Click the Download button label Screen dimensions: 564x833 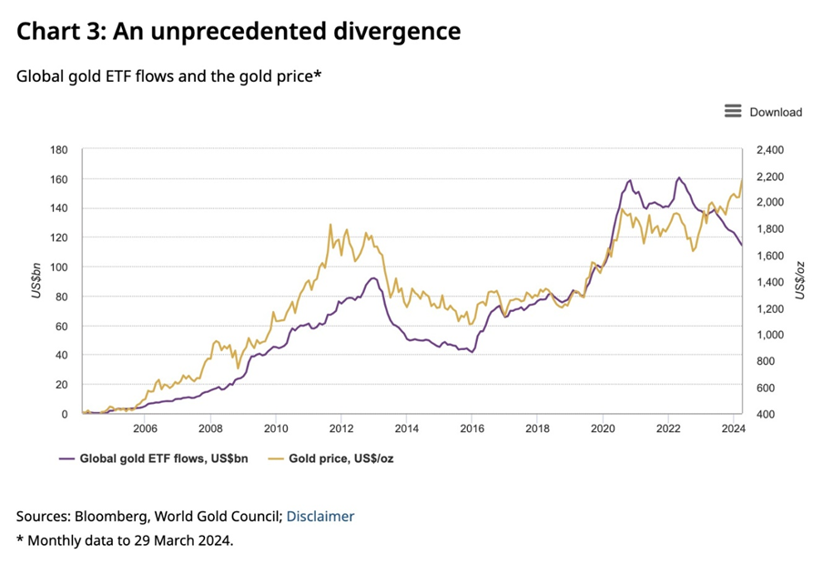click(x=776, y=112)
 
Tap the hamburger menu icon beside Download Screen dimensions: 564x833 click(x=733, y=111)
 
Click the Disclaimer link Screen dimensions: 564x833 click(x=320, y=516)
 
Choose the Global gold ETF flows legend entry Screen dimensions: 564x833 click(x=160, y=458)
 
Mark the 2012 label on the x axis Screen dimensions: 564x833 click(x=341, y=428)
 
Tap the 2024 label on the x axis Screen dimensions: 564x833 click(x=734, y=428)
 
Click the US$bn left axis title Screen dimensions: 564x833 click(x=36, y=282)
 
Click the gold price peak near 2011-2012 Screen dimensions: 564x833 click(x=330, y=224)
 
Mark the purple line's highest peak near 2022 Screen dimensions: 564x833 click(x=679, y=177)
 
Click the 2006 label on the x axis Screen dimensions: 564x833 click(x=145, y=428)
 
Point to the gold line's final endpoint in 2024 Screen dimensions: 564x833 click(x=743, y=179)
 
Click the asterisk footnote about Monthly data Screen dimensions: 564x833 click(x=125, y=540)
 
